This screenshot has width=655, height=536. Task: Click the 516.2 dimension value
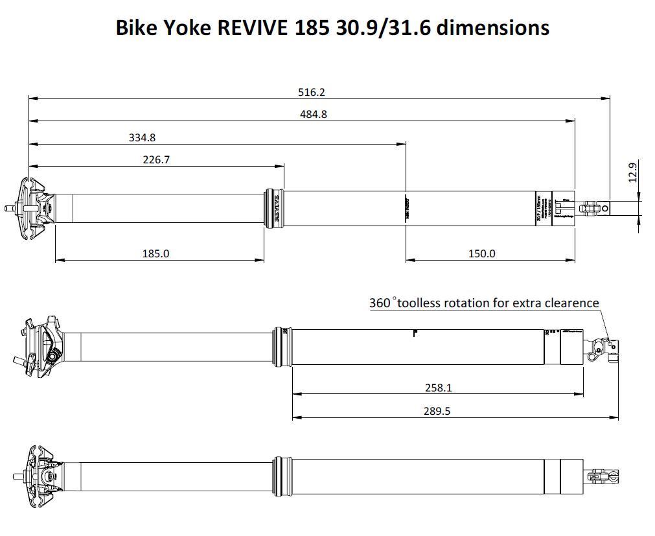coord(311,93)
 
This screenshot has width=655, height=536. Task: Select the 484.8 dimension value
coord(313,115)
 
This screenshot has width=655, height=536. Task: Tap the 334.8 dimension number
coord(142,137)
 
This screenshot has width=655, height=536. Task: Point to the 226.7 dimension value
coord(156,159)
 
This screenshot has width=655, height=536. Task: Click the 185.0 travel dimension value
coord(155,253)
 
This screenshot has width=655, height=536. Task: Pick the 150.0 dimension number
coord(481,253)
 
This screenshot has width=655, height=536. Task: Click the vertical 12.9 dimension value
coord(633,173)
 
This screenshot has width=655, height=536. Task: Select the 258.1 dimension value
coord(437,388)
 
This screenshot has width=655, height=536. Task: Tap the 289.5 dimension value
coord(437,411)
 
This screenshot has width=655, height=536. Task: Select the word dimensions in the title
coord(493,28)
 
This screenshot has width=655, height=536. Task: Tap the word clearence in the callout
coord(571,303)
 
